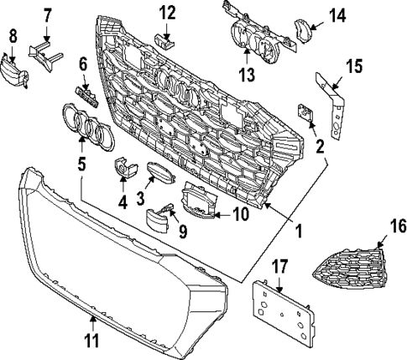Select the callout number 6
pos(83,64)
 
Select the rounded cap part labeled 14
pos(300,29)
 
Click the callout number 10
pos(239,215)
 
